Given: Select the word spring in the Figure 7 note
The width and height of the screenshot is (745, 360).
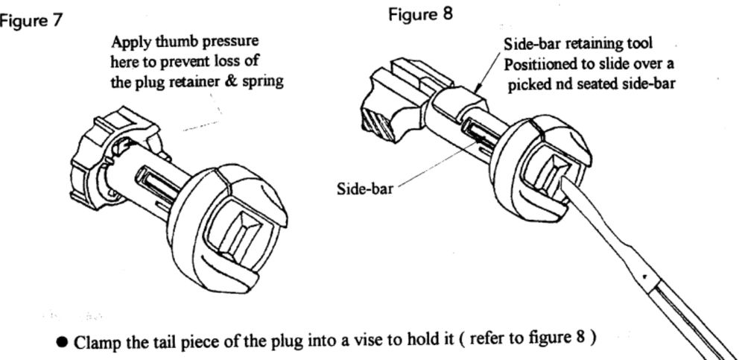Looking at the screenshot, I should click(264, 82).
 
